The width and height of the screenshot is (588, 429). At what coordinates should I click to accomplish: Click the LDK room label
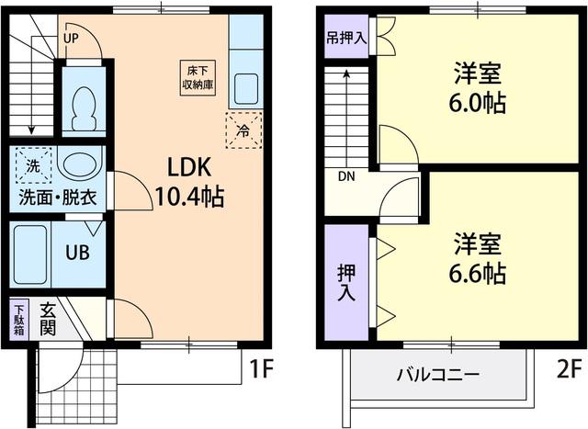[190, 167]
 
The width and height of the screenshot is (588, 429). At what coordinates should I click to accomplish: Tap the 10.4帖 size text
[190, 196]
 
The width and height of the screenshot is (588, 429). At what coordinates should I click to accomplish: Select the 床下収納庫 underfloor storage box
[195, 76]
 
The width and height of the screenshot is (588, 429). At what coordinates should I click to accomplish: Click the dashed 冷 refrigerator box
[243, 130]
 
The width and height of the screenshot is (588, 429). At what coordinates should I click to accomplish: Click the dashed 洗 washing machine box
[32, 165]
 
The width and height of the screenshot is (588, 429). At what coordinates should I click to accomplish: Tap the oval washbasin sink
[80, 165]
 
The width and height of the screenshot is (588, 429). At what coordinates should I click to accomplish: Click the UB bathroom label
[75, 251]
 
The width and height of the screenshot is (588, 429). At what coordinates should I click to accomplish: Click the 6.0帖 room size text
[478, 102]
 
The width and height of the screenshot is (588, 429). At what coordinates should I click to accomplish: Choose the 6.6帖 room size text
[478, 274]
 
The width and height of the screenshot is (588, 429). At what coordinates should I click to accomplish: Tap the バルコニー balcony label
[437, 376]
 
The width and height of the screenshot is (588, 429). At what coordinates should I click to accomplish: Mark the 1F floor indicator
[261, 369]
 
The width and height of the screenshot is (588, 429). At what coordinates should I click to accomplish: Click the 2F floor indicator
[567, 369]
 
